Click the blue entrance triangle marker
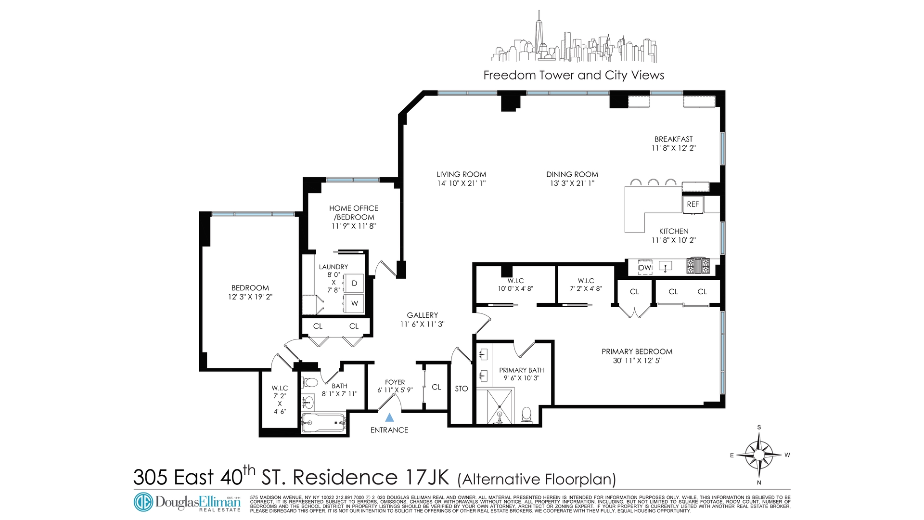pyautogui.click(x=390, y=418)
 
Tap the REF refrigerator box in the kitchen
pyautogui.click(x=693, y=205)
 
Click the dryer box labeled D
pyautogui.click(x=354, y=283)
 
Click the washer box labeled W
pyautogui.click(x=354, y=303)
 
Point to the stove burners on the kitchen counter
pyautogui.click(x=698, y=266)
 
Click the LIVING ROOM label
pyautogui.click(x=461, y=174)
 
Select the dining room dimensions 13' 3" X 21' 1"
pyautogui.click(x=572, y=183)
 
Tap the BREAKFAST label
pyautogui.click(x=673, y=139)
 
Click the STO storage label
pyautogui.click(x=461, y=389)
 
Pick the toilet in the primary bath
pyautogui.click(x=526, y=415)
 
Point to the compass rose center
pyautogui.click(x=759, y=455)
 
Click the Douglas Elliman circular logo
pyautogui.click(x=143, y=502)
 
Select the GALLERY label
pyautogui.click(x=422, y=315)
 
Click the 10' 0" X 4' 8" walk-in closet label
pyautogui.click(x=515, y=289)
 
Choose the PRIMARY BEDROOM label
pyautogui.click(x=637, y=352)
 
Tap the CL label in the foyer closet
pyautogui.click(x=436, y=387)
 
